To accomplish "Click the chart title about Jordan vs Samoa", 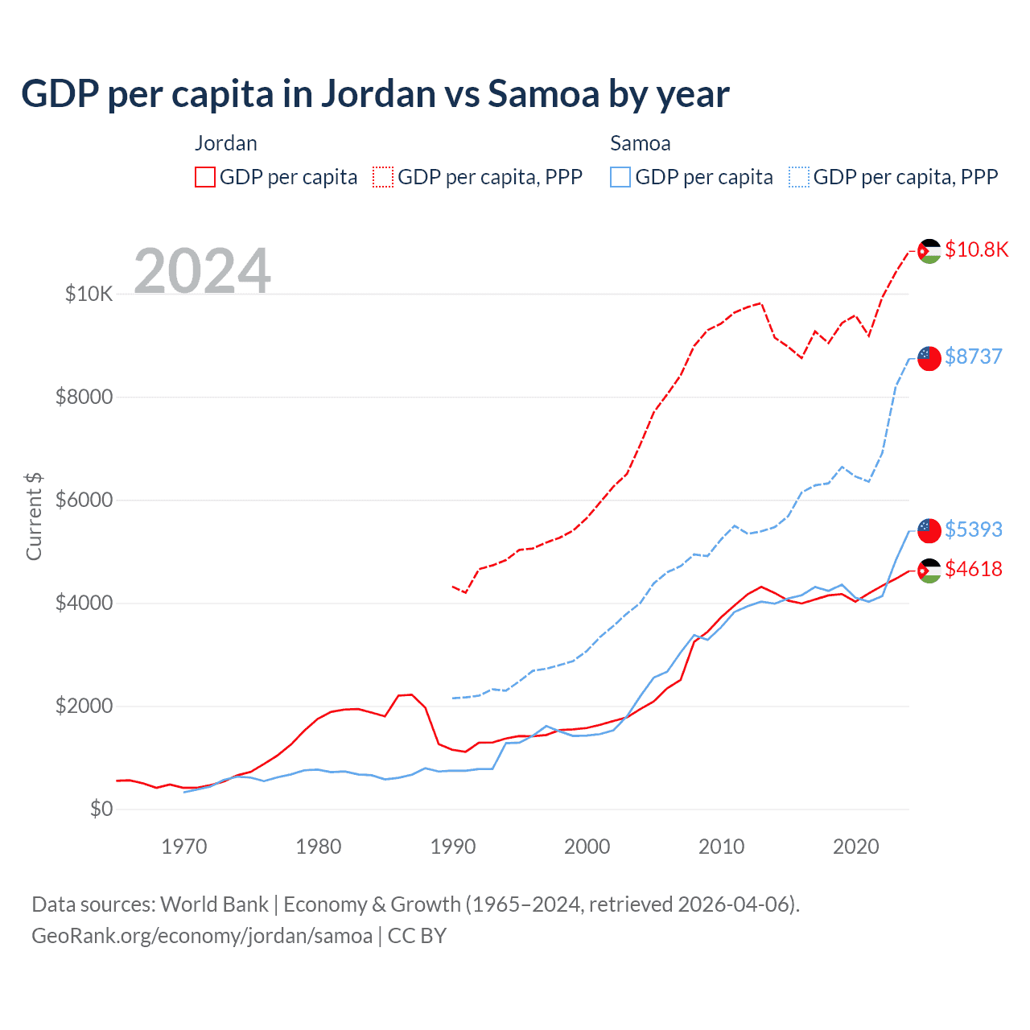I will click(x=375, y=93).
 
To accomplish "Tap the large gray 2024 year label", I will click(x=202, y=271).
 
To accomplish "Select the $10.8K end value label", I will click(x=976, y=249).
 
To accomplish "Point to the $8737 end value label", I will click(x=973, y=356).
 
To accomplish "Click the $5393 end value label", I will click(x=973, y=529).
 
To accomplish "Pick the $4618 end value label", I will click(x=973, y=569).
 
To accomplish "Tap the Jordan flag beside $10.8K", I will click(x=929, y=251).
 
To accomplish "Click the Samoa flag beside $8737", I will click(x=929, y=358).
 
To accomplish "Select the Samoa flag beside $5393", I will click(x=929, y=530).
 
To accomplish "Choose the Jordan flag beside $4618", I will click(x=929, y=571).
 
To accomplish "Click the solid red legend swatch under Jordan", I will click(x=205, y=177).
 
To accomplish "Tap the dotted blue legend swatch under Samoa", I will click(x=799, y=177).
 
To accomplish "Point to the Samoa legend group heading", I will click(x=640, y=143).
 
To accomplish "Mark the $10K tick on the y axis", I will click(x=89, y=294).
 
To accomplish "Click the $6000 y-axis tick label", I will click(x=84, y=500).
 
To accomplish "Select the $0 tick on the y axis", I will click(x=101, y=809).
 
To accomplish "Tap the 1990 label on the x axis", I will click(x=453, y=847).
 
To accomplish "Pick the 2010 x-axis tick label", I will click(x=722, y=847).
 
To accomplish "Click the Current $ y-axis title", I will click(x=34, y=516).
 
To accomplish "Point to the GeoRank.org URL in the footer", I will click(x=202, y=936).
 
